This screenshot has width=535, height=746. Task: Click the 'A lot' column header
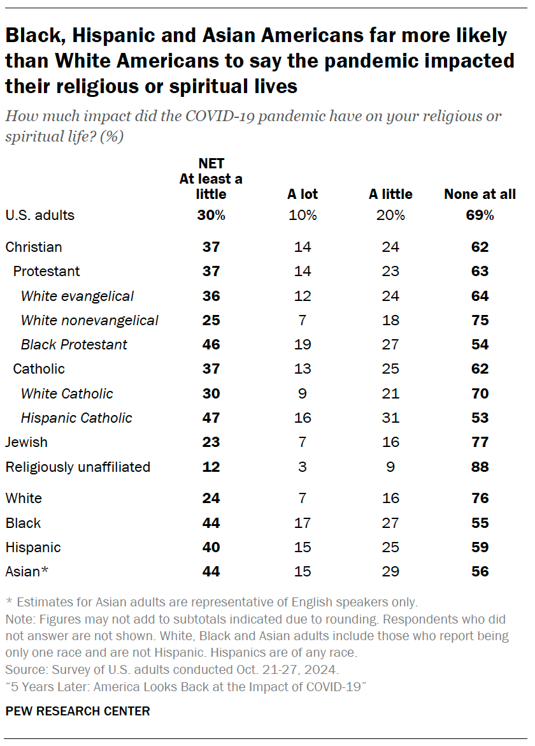click(303, 194)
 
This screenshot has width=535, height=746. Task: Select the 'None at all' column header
click(480, 194)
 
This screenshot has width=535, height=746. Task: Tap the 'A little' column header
click(390, 194)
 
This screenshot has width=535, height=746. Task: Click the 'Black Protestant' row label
click(74, 344)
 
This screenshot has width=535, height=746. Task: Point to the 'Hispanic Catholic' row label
click(76, 418)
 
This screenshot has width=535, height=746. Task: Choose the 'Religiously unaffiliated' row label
click(78, 467)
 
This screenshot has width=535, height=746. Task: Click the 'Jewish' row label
click(26, 442)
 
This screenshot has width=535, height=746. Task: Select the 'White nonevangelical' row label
click(89, 320)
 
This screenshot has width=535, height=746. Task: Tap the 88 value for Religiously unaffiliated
click(480, 467)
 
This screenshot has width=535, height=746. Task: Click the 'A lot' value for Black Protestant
click(303, 344)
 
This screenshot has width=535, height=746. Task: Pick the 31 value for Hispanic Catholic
click(390, 418)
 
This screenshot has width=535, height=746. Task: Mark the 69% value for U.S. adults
click(480, 215)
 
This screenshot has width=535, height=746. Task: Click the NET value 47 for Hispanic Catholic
click(211, 418)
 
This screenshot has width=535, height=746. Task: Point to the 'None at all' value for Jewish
click(480, 442)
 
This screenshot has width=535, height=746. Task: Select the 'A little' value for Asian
click(390, 571)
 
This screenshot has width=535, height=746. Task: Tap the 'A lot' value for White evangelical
click(303, 296)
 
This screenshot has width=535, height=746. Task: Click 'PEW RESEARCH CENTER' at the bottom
click(78, 711)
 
